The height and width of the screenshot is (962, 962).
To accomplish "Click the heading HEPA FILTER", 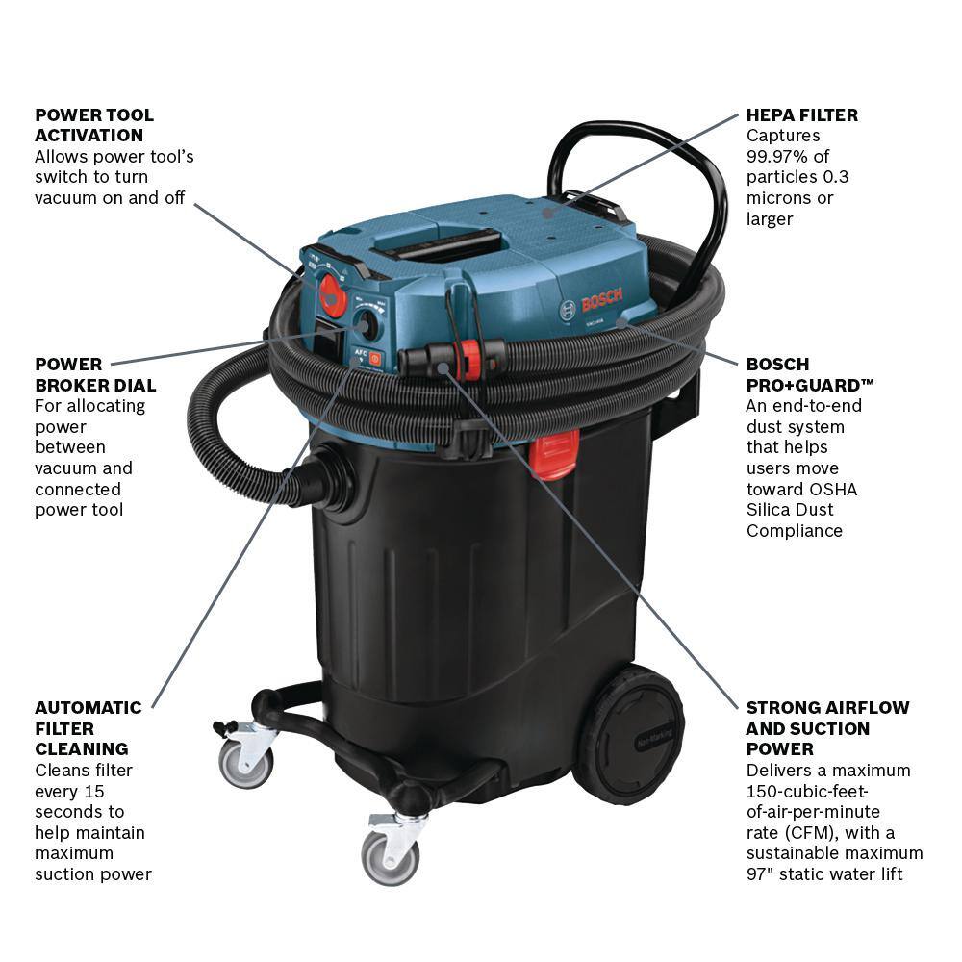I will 802,114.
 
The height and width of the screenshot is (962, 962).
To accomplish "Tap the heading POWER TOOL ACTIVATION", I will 94,125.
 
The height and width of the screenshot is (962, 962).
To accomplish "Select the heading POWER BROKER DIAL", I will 95,374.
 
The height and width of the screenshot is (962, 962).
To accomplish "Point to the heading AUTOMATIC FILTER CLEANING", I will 88,727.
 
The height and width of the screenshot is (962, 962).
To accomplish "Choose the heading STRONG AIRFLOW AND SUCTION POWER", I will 827,727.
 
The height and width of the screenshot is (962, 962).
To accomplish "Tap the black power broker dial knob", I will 366,325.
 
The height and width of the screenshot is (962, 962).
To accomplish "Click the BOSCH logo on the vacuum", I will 594,301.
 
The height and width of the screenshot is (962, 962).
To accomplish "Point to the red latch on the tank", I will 555,452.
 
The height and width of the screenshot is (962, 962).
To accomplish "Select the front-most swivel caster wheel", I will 391,855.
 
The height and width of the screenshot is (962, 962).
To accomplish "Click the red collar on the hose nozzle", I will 470,358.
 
